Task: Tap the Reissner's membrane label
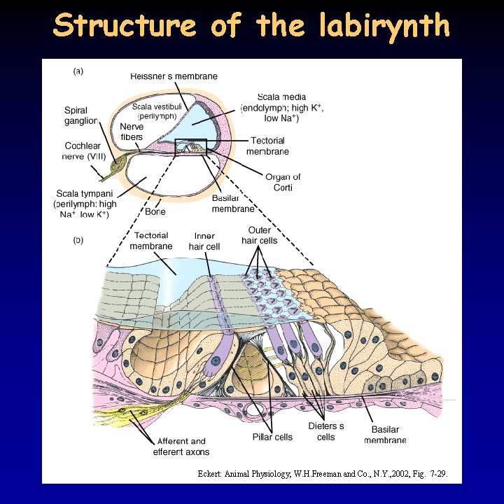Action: click(174, 76)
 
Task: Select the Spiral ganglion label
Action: click(81, 115)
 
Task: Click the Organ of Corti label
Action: click(283, 182)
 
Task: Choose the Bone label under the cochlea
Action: click(155, 211)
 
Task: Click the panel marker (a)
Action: click(79, 71)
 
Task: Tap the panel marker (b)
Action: click(79, 240)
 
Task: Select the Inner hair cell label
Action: click(204, 241)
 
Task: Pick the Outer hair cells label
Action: click(260, 235)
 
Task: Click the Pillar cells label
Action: click(272, 437)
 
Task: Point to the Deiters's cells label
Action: click(326, 431)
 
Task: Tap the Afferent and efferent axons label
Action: click(181, 447)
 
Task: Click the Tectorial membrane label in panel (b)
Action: click(151, 241)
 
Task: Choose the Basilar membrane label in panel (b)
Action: click(385, 435)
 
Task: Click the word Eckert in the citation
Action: click(210, 474)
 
